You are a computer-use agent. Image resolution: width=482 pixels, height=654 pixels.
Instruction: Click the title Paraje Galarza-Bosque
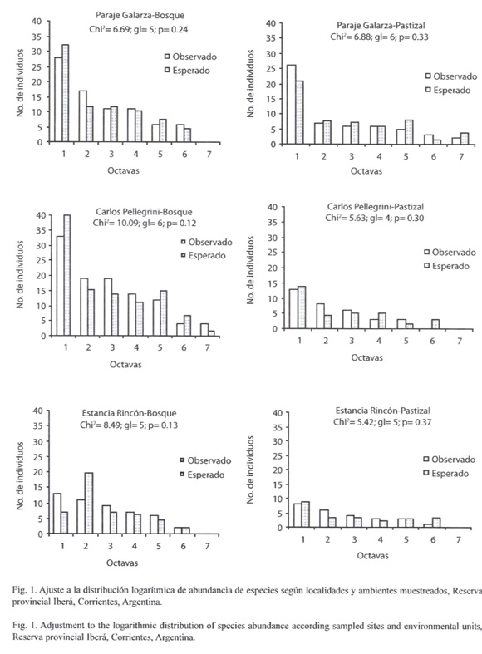(140, 16)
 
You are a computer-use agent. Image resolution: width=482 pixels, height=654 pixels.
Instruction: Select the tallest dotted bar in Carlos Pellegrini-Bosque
(67, 275)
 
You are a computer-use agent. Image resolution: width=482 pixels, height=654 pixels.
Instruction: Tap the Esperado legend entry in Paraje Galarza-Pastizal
(447, 90)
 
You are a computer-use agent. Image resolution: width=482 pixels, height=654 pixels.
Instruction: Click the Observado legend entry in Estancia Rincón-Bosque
(205, 460)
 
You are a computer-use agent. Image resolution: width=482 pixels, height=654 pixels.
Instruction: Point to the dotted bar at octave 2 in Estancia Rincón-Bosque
(89, 503)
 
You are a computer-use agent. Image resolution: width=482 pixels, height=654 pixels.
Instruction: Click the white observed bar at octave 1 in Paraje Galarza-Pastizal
(292, 104)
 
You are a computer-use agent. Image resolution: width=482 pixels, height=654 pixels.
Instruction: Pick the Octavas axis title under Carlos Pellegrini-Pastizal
(366, 357)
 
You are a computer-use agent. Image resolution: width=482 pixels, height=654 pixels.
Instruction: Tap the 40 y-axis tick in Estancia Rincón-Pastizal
(278, 413)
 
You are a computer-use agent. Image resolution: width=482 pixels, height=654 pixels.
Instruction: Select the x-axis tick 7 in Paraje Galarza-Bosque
(209, 155)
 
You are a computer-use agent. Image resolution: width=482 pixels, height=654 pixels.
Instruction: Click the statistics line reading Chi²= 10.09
(145, 223)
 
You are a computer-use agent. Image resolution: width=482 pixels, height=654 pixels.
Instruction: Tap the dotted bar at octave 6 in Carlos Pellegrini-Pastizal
(435, 324)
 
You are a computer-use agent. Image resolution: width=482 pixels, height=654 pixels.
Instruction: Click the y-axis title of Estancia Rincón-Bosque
(20, 475)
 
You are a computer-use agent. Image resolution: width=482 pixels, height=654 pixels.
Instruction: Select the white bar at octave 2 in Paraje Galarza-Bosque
(82, 116)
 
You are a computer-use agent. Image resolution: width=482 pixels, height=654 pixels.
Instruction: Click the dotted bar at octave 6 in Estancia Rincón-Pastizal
(436, 523)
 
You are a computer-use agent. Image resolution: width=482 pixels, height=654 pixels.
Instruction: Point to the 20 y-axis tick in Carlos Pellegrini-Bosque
(41, 275)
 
